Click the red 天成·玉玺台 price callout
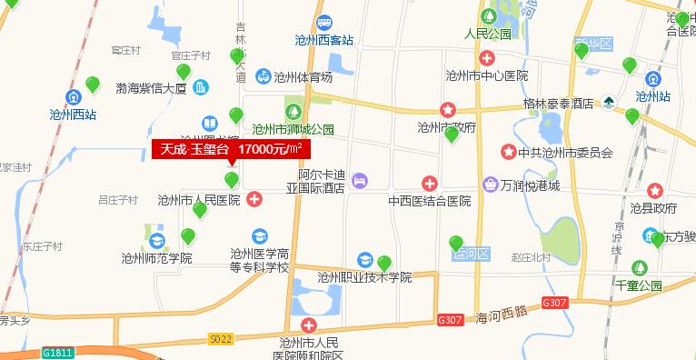(231, 148)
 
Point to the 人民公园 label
(487, 35)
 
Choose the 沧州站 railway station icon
(652, 77)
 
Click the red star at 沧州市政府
(447, 109)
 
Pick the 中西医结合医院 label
(429, 201)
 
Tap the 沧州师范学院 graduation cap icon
(157, 241)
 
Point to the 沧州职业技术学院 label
(364, 277)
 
